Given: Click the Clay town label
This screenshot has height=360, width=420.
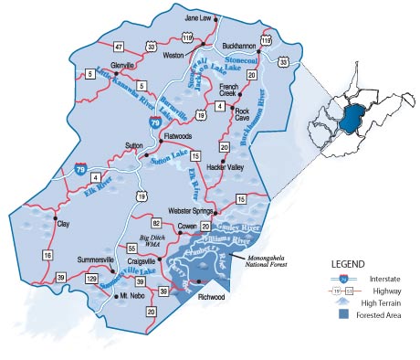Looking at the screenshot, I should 63,223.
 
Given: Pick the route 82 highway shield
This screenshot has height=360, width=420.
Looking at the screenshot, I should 156,224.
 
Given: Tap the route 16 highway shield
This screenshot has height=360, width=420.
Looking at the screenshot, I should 47,256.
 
